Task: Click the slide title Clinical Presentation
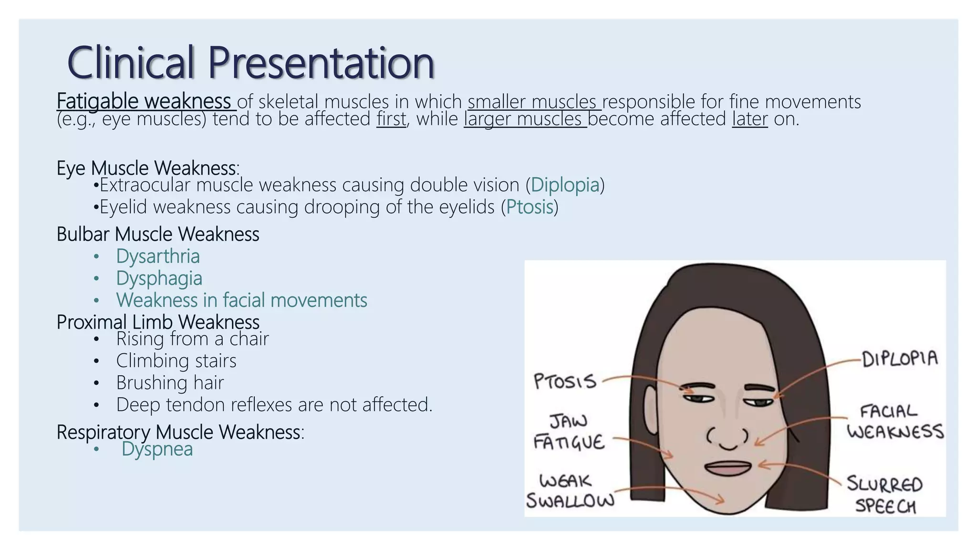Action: (250, 63)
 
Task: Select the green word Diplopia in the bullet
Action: (565, 185)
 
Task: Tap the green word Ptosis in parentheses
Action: (530, 207)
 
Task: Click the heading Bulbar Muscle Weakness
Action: (158, 234)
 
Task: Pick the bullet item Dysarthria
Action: (158, 256)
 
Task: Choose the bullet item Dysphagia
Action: (159, 278)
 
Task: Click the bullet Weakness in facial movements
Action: (241, 300)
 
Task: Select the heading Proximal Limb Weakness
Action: (158, 322)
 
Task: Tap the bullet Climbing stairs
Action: (176, 361)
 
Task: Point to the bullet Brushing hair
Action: (170, 383)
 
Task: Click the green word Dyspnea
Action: (157, 449)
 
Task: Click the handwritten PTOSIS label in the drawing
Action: (565, 381)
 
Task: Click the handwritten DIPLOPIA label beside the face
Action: (900, 358)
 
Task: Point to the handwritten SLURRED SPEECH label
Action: (885, 495)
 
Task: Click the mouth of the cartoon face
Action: (728, 468)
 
